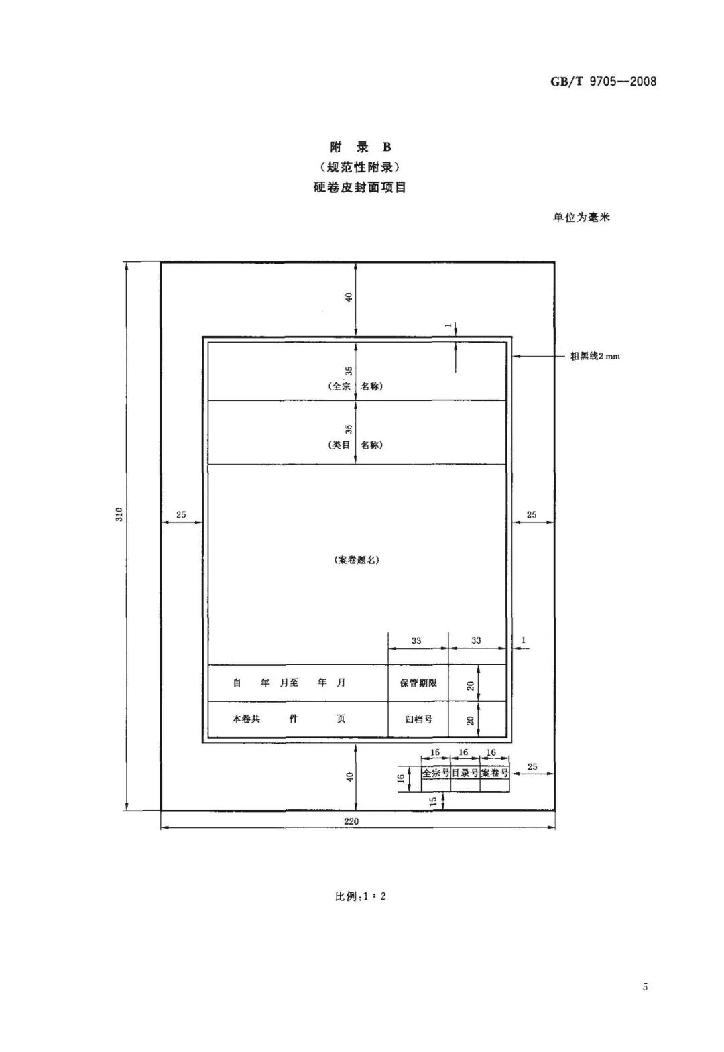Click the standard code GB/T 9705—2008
click(603, 82)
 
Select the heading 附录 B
click(360, 147)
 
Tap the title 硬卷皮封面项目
click(359, 187)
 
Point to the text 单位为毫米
click(581, 217)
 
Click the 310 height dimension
click(119, 514)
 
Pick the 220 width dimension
click(351, 821)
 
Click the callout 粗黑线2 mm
click(595, 357)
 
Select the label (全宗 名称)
click(355, 386)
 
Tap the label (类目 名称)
click(355, 445)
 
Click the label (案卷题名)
click(357, 560)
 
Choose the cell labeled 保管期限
click(418, 683)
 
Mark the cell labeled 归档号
click(418, 719)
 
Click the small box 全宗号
click(436, 772)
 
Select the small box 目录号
click(465, 772)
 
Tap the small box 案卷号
click(495, 772)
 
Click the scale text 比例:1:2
click(360, 896)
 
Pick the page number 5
click(645, 986)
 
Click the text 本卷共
click(246, 719)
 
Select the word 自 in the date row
click(237, 683)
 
